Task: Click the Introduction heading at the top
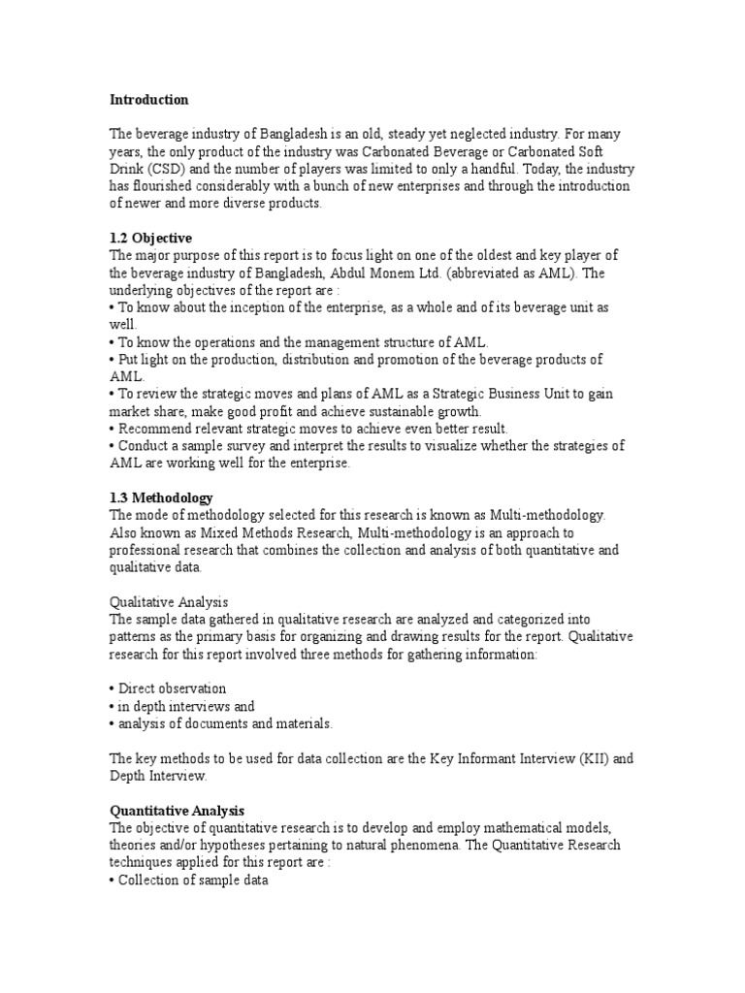(148, 100)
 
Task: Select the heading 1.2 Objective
(150, 238)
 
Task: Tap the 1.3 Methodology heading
(161, 497)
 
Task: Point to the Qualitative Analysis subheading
(169, 602)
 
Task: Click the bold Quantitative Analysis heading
(177, 810)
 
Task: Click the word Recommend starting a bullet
(151, 429)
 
